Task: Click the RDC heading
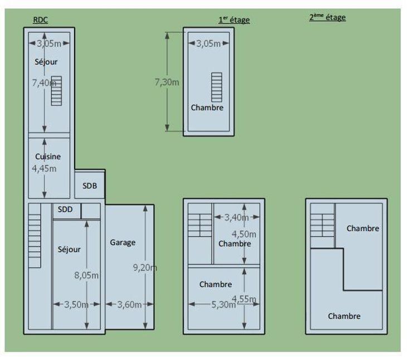(40, 20)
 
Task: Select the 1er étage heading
(234, 20)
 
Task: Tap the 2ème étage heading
(328, 17)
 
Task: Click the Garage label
(123, 242)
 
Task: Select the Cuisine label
(48, 157)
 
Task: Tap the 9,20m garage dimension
(145, 267)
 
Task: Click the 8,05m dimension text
(87, 275)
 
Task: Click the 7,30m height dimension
(167, 82)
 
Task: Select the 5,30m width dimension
(223, 304)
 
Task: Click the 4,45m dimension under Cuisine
(44, 168)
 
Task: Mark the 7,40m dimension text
(44, 82)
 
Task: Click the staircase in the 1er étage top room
(217, 87)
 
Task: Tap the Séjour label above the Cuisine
(46, 62)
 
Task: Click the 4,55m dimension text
(244, 299)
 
